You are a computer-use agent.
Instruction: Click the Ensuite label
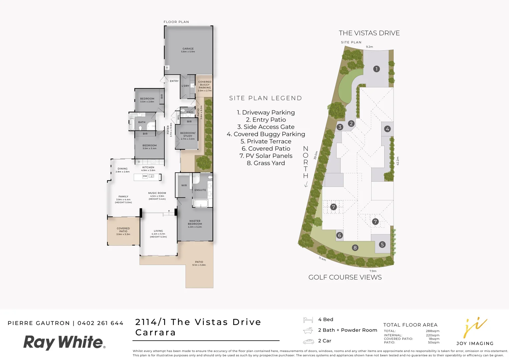200,190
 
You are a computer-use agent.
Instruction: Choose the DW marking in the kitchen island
145,176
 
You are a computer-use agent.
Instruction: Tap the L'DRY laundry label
185,86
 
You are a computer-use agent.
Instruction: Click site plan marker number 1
376,69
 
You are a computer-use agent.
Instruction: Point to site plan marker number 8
355,248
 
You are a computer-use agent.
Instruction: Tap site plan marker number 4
387,129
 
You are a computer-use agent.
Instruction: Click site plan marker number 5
382,244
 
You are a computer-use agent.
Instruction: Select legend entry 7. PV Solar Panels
266,156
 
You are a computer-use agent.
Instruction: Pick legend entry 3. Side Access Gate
266,127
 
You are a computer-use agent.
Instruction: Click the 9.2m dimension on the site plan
369,47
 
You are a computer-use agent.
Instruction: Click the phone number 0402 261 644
100,323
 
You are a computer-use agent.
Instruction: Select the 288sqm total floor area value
432,331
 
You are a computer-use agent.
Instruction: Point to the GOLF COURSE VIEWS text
345,277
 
